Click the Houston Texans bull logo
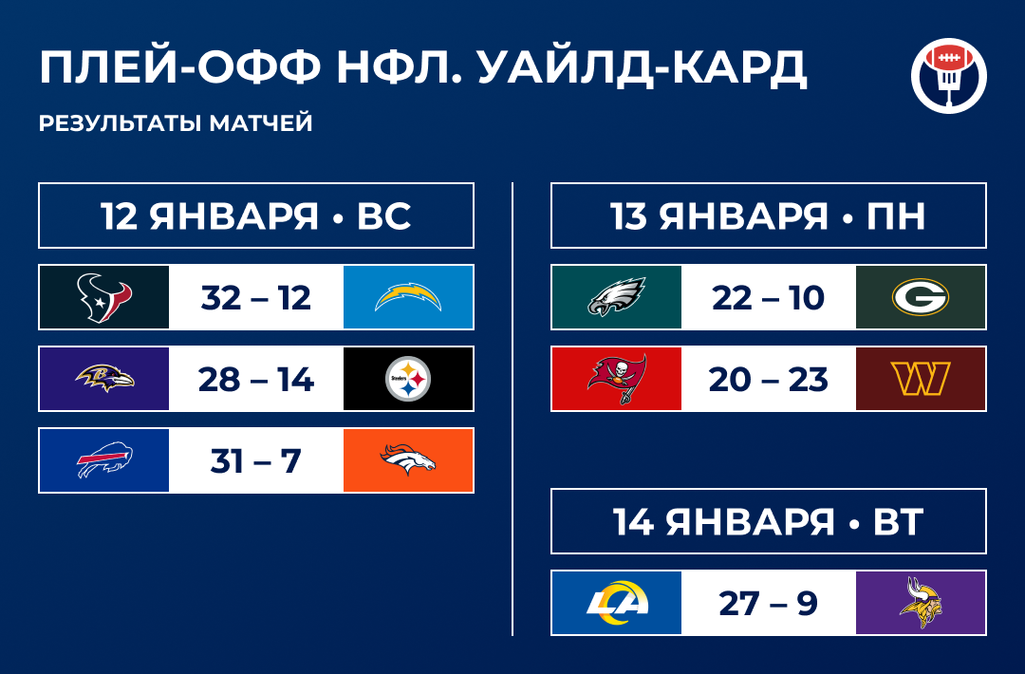[x=104, y=297]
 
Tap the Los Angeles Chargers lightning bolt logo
[x=408, y=297]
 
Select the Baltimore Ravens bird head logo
[x=104, y=380]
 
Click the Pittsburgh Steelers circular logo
[x=408, y=380]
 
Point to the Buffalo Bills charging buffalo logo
[x=104, y=461]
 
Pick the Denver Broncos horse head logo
[x=408, y=461]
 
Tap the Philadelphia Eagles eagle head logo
[x=617, y=297]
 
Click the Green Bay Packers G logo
[x=920, y=297]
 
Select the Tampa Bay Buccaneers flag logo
[x=617, y=380]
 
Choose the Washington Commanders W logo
[x=920, y=380]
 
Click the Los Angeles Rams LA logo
[x=617, y=603]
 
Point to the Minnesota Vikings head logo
[x=920, y=603]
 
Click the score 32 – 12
[x=256, y=298]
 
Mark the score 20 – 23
[x=768, y=380]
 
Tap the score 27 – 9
[x=768, y=604]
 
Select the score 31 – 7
[x=256, y=462]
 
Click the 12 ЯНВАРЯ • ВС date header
[x=256, y=216]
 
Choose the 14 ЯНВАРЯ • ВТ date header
[x=768, y=521]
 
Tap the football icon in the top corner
[x=948, y=76]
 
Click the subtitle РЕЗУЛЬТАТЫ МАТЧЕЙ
[x=176, y=123]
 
